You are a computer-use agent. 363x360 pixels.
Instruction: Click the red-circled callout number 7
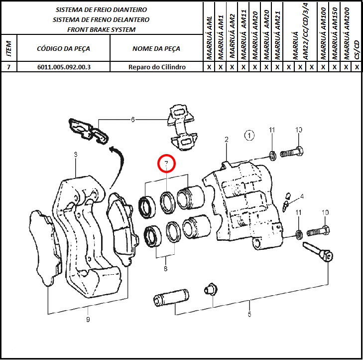coord(166,164)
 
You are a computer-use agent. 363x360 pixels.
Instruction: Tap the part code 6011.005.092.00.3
coord(64,67)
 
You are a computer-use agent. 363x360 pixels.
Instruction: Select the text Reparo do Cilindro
coord(157,67)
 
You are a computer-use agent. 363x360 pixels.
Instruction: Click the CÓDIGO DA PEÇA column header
coord(63,49)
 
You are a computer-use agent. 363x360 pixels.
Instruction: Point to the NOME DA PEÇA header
coord(156,49)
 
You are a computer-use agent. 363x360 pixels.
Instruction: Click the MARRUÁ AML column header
coord(209,37)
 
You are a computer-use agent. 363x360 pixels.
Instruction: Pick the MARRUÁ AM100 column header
coord(323,34)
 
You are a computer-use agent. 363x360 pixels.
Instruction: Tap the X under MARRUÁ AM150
coord(335,67)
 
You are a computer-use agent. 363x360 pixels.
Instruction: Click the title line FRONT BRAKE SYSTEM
coord(102,30)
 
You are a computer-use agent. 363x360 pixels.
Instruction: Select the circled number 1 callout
coord(249,136)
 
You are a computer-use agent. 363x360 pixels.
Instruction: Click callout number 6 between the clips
coord(132,120)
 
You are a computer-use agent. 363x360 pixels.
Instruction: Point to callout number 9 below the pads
coord(88,320)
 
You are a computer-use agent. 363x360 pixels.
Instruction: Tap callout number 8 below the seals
coord(165,269)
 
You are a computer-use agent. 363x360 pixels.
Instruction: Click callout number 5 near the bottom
coord(249,314)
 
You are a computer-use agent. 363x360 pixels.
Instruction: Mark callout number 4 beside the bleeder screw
coord(302,197)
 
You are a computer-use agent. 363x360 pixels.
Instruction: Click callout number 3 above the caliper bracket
coord(76,155)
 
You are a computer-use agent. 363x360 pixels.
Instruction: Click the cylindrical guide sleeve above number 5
coord(171,297)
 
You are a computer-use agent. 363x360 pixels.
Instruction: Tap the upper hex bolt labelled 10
coord(292,153)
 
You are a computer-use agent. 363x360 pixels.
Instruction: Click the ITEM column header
coord(9,49)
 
